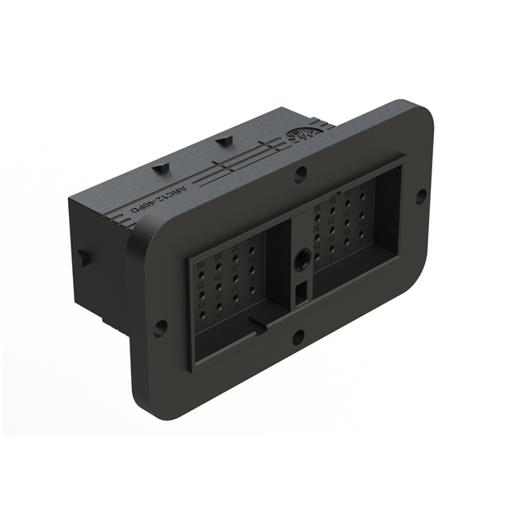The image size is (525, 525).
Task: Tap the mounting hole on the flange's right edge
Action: point(421,196)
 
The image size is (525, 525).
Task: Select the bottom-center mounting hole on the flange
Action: point(298,335)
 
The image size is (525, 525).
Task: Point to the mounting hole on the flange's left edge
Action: point(160,326)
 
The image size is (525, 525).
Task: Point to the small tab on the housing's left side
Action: point(82,255)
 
